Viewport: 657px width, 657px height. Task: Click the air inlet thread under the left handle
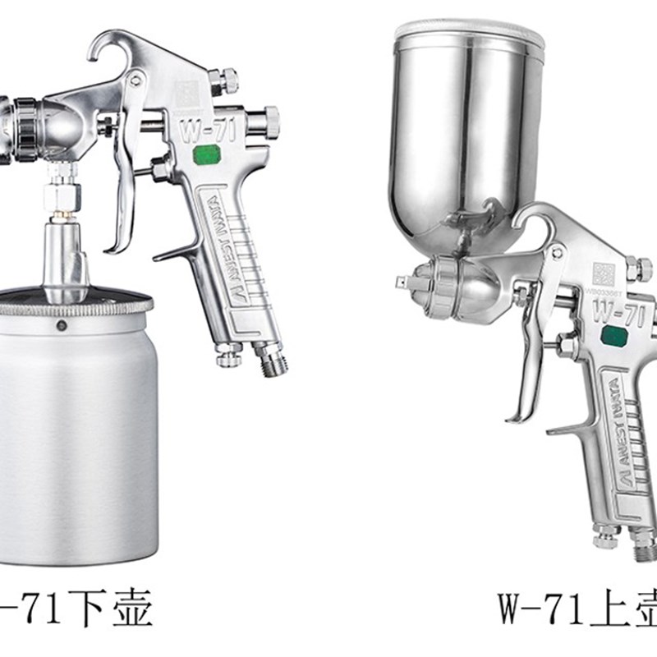[270, 361]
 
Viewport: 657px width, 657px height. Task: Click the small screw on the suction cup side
[62, 326]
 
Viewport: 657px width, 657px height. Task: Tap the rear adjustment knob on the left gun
[270, 115]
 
